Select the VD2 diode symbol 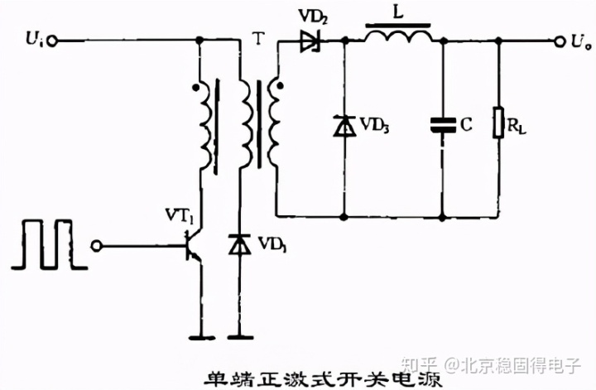[x=312, y=40]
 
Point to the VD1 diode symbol [x=240, y=245]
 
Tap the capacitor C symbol [x=443, y=124]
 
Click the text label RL [x=520, y=126]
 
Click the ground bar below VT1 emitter [x=199, y=338]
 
